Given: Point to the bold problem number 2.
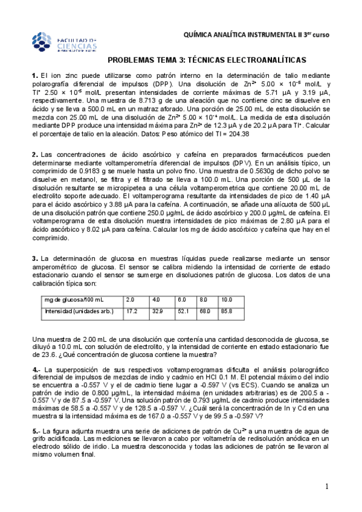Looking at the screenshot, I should [x=34, y=155].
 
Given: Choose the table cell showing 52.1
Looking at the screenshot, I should [x=183, y=312].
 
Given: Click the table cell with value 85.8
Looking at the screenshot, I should [x=227, y=312].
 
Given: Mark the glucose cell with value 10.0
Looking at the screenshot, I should [x=227, y=299].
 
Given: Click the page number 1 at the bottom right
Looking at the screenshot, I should [x=326, y=487].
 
